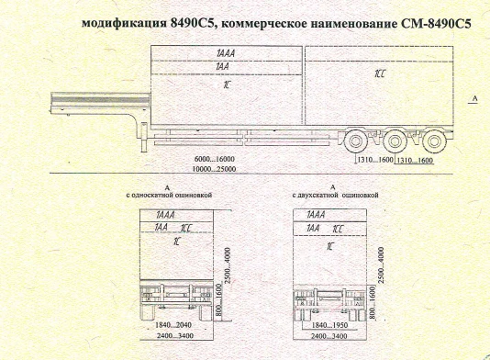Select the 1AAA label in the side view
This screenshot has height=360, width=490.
[222, 54]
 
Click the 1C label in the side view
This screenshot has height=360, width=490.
[226, 84]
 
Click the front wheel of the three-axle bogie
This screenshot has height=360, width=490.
[353, 143]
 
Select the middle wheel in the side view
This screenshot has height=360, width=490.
[394, 143]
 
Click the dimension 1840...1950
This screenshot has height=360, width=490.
[330, 325]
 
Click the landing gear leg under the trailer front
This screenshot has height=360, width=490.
[143, 138]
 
